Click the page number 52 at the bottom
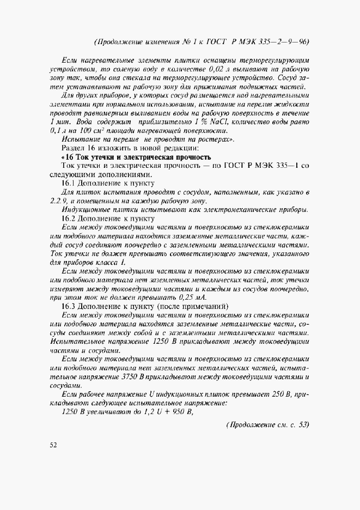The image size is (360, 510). pos(53,445)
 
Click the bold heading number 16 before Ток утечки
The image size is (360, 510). pos(70,157)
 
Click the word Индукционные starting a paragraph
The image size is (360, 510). pos(86,210)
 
